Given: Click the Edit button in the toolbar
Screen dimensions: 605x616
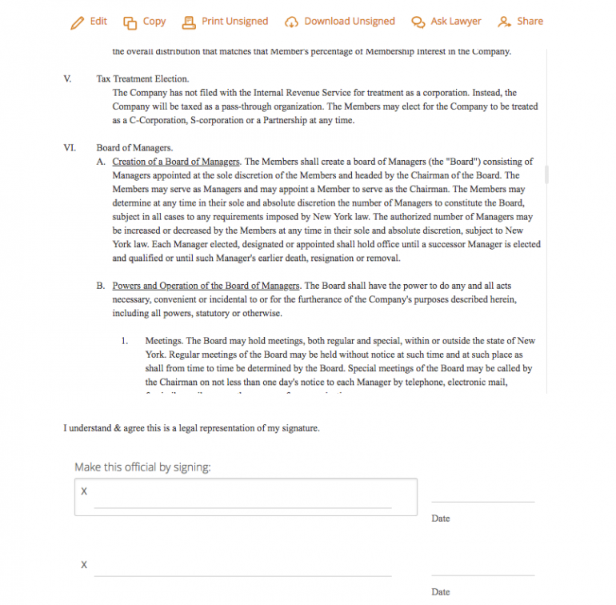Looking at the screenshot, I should [x=89, y=22].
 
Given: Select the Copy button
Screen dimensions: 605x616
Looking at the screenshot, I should [x=145, y=22].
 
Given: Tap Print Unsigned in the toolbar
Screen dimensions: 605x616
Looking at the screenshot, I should [x=226, y=22].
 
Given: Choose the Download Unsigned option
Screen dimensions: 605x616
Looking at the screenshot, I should [x=340, y=22].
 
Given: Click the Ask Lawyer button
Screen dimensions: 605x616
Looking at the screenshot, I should [x=447, y=22].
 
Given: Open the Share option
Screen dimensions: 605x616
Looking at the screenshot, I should [x=520, y=22].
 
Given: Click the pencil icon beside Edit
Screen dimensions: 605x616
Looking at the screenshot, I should [x=77, y=22].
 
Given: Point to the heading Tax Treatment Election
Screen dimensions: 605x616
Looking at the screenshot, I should [x=142, y=79].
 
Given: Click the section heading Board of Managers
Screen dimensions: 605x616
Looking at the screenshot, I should [x=134, y=148].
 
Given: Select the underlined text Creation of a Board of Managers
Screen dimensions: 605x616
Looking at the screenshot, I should [x=176, y=162].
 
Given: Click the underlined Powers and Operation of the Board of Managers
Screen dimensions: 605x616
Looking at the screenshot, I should [x=206, y=286].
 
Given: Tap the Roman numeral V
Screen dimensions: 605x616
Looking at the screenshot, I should [x=67, y=79].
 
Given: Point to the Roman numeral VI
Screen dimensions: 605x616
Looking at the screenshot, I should [x=69, y=148].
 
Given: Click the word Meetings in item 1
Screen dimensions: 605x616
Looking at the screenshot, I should [x=164, y=341].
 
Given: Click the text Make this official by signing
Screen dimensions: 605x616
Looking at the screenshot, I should [x=142, y=467].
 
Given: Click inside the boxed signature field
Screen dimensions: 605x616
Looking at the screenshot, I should [x=246, y=498].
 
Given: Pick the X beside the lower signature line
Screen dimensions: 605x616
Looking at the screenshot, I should [x=84, y=565].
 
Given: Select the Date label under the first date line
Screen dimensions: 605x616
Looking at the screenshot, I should [x=440, y=519].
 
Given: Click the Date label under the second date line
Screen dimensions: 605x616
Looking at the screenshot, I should [x=440, y=592].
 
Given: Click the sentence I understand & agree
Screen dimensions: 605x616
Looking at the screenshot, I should [x=191, y=428].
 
